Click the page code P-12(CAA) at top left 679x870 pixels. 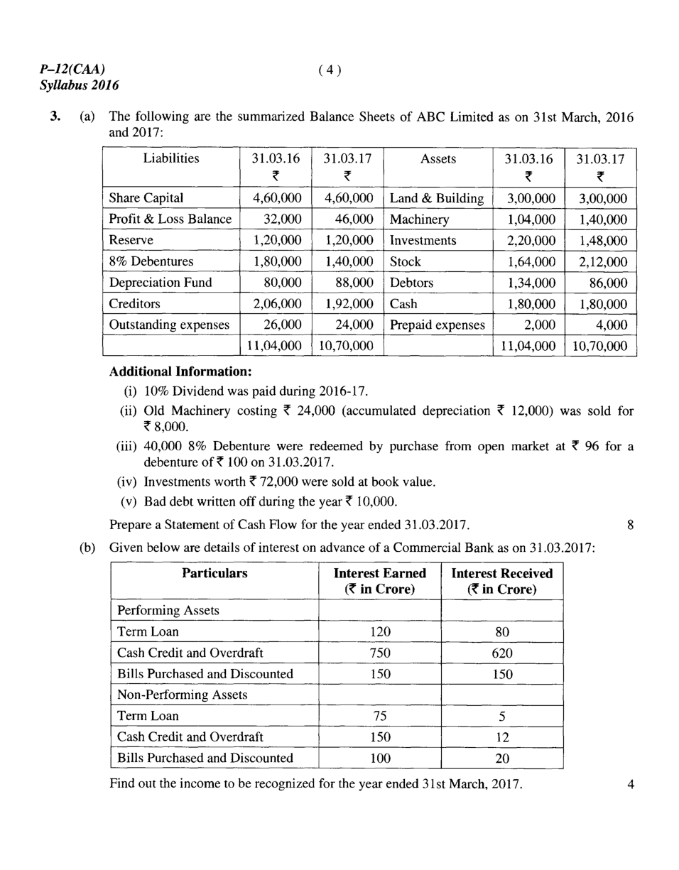coord(73,69)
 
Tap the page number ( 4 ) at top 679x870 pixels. coord(330,69)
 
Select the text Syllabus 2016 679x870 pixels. coord(79,86)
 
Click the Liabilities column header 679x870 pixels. coord(171,158)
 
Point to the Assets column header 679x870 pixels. coord(438,158)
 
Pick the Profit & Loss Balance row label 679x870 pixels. coord(170,219)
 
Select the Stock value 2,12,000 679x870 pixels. coord(603,261)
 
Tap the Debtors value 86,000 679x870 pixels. coord(608,283)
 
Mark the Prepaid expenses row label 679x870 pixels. coord(438,325)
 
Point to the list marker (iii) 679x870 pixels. coord(127,447)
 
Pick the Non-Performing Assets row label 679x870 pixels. coord(182,695)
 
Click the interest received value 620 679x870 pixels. coord(502,653)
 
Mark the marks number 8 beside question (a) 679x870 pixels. coord(631,526)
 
